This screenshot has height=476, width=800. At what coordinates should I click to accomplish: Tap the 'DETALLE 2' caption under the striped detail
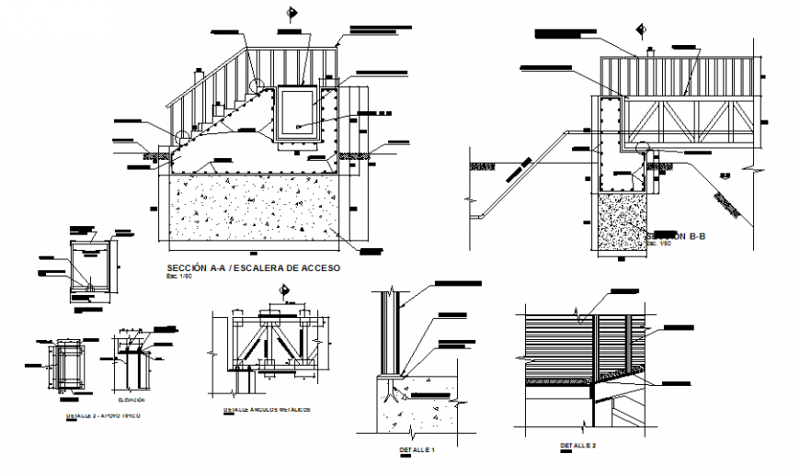pos(577,447)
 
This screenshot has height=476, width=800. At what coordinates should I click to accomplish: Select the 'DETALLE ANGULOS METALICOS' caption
pos(268,409)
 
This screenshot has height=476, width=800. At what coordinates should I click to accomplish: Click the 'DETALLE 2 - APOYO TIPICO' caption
pos(109,416)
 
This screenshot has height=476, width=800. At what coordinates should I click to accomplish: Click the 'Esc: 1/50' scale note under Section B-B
pos(658,244)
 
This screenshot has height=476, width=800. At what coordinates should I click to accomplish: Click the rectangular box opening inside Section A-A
pos(299,112)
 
